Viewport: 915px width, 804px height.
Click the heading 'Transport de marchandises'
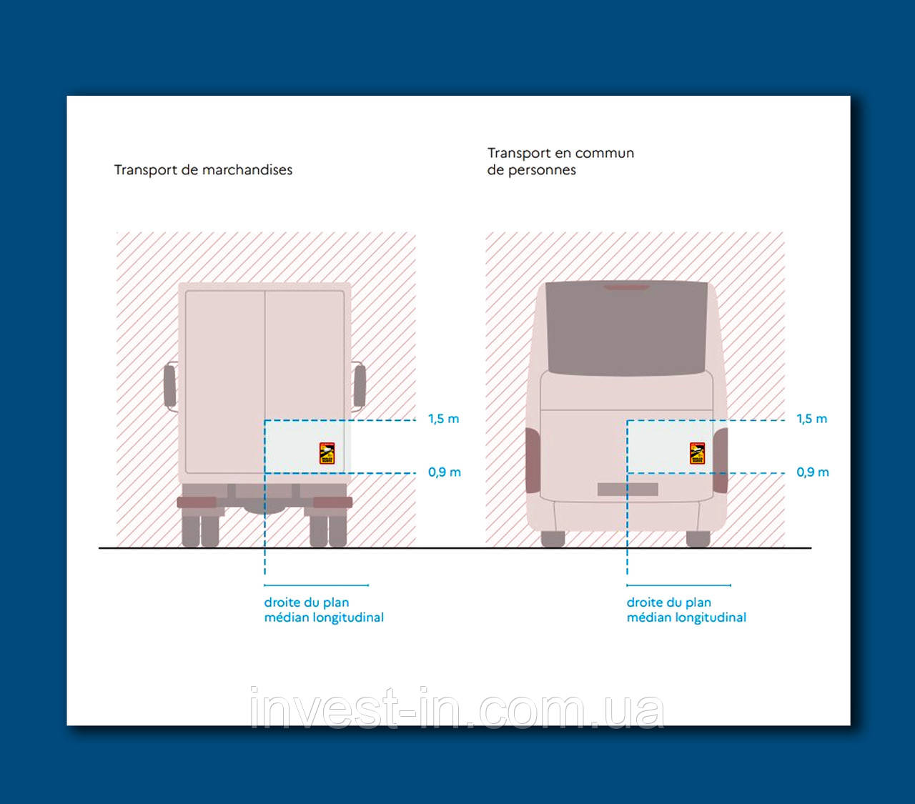tap(203, 170)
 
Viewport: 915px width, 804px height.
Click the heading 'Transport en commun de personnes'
tap(560, 162)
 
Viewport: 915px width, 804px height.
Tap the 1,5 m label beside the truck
tap(443, 419)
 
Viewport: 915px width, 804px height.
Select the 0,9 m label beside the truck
tap(444, 472)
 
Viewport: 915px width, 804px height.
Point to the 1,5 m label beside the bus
tap(811, 419)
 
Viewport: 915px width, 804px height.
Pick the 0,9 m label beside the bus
tap(812, 472)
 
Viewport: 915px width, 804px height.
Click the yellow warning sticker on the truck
tap(327, 453)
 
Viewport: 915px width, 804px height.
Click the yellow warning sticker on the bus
tap(697, 453)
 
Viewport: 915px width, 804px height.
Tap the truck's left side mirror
tap(169, 386)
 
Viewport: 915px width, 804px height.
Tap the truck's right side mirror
tap(360, 386)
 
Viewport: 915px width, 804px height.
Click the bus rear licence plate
tap(627, 490)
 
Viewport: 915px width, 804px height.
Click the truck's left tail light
tap(197, 502)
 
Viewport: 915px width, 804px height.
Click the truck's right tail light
tap(332, 502)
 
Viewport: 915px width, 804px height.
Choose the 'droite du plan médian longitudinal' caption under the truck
tap(324, 610)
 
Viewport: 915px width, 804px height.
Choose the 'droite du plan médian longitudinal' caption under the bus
tap(686, 610)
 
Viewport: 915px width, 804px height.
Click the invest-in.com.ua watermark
tap(457, 709)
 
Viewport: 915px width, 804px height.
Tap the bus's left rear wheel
tap(553, 539)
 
